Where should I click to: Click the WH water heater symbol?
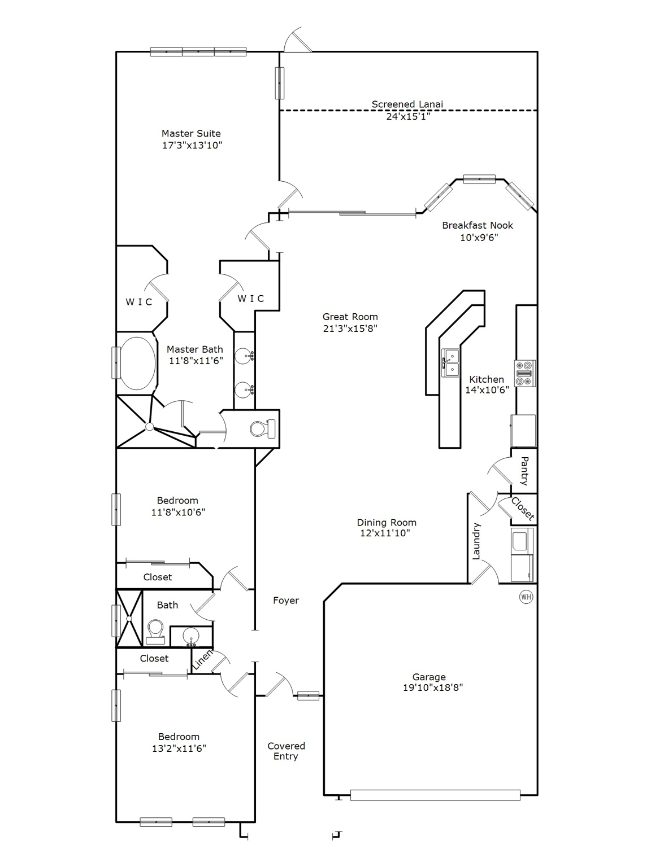click(526, 597)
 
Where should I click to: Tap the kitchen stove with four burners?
click(525, 373)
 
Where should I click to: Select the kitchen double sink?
click(450, 362)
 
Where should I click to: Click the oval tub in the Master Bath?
click(137, 364)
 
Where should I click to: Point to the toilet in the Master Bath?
click(262, 428)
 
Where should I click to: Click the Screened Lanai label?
click(407, 104)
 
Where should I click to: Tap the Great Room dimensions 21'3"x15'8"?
click(350, 329)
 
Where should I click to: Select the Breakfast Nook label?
click(478, 225)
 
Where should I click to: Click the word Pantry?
click(524, 471)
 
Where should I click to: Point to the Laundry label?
click(476, 541)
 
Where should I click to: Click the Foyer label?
click(286, 601)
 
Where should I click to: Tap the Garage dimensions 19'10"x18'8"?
click(433, 688)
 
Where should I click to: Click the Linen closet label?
click(202, 660)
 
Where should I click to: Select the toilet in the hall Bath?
click(155, 632)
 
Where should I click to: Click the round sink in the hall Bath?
click(192, 636)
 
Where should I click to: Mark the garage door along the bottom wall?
click(435, 795)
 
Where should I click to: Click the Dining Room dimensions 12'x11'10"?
click(385, 533)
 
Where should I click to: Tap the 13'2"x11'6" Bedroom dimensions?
click(179, 748)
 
